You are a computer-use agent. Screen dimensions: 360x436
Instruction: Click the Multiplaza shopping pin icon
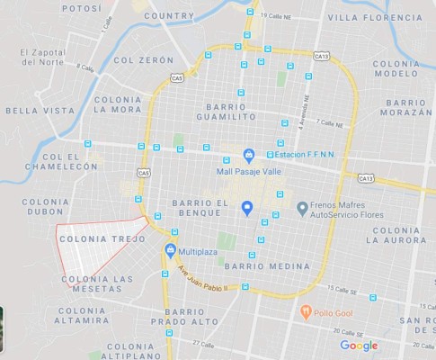pyautogui.click(x=170, y=249)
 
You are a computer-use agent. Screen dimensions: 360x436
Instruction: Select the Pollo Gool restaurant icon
pyautogui.click(x=306, y=310)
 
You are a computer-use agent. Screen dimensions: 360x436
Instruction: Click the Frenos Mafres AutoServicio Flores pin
pyautogui.click(x=302, y=209)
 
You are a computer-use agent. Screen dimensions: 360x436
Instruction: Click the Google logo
pyautogui.click(x=359, y=346)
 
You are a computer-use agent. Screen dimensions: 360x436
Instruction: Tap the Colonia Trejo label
pyautogui.click(x=95, y=239)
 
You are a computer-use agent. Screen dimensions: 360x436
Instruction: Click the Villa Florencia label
pyautogui.click(x=374, y=17)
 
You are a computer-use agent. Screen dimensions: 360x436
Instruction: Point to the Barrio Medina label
pyautogui.click(x=267, y=266)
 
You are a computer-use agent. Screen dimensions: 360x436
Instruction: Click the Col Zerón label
pyautogui.click(x=143, y=60)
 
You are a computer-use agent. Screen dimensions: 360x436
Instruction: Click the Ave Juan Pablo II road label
pyautogui.click(x=204, y=279)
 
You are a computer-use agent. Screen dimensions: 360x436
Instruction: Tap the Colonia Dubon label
pyautogui.click(x=46, y=208)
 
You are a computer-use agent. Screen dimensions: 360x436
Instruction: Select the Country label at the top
pyautogui.click(x=169, y=15)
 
